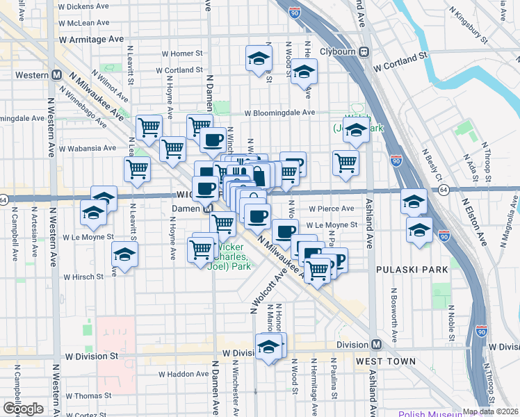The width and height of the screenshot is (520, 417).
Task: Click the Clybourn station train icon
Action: point(363,52)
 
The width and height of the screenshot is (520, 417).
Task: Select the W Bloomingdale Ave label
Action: point(279,112)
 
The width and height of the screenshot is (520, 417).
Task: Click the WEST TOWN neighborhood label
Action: point(385,361)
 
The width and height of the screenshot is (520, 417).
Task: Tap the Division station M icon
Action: point(376,345)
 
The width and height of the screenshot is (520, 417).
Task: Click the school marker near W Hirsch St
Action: point(125,256)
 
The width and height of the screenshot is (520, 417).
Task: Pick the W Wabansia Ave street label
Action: point(88,148)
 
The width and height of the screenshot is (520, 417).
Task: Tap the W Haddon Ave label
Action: point(179,373)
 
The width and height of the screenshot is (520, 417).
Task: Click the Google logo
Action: point(23,408)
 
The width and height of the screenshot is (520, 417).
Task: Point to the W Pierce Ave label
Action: point(332,208)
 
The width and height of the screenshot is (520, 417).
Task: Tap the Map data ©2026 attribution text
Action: point(490,411)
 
